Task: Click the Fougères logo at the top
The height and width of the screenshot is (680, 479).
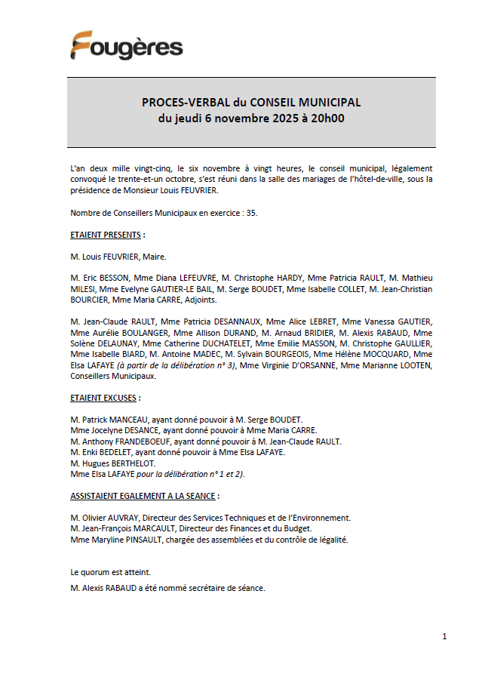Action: click(127, 46)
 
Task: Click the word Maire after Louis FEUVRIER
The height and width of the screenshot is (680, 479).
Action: click(154, 257)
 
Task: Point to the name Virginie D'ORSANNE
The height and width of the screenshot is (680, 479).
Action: click(300, 365)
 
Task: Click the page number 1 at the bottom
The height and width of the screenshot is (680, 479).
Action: click(444, 637)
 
